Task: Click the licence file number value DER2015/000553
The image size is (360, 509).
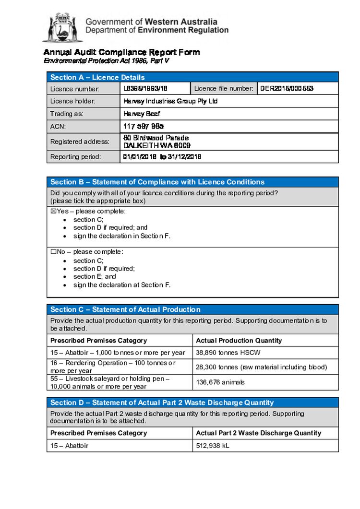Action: (287, 88)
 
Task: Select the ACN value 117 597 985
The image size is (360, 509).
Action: (144, 127)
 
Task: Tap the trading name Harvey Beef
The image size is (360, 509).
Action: (142, 114)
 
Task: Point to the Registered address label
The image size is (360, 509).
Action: (80, 142)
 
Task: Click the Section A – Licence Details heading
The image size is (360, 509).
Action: (97, 77)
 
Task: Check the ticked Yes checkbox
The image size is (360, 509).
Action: (53, 212)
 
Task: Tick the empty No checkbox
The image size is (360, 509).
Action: (53, 252)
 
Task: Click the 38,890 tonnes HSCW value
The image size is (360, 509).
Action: (223, 352)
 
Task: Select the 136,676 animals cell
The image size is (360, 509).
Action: (220, 382)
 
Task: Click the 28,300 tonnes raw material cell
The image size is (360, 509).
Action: (261, 367)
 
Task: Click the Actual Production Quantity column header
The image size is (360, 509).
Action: (239, 340)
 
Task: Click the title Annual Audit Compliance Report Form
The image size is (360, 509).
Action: (121, 52)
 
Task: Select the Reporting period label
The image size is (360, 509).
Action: (76, 157)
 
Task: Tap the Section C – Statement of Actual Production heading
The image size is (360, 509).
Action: (125, 309)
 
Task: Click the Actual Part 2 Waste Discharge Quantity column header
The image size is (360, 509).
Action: (258, 433)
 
